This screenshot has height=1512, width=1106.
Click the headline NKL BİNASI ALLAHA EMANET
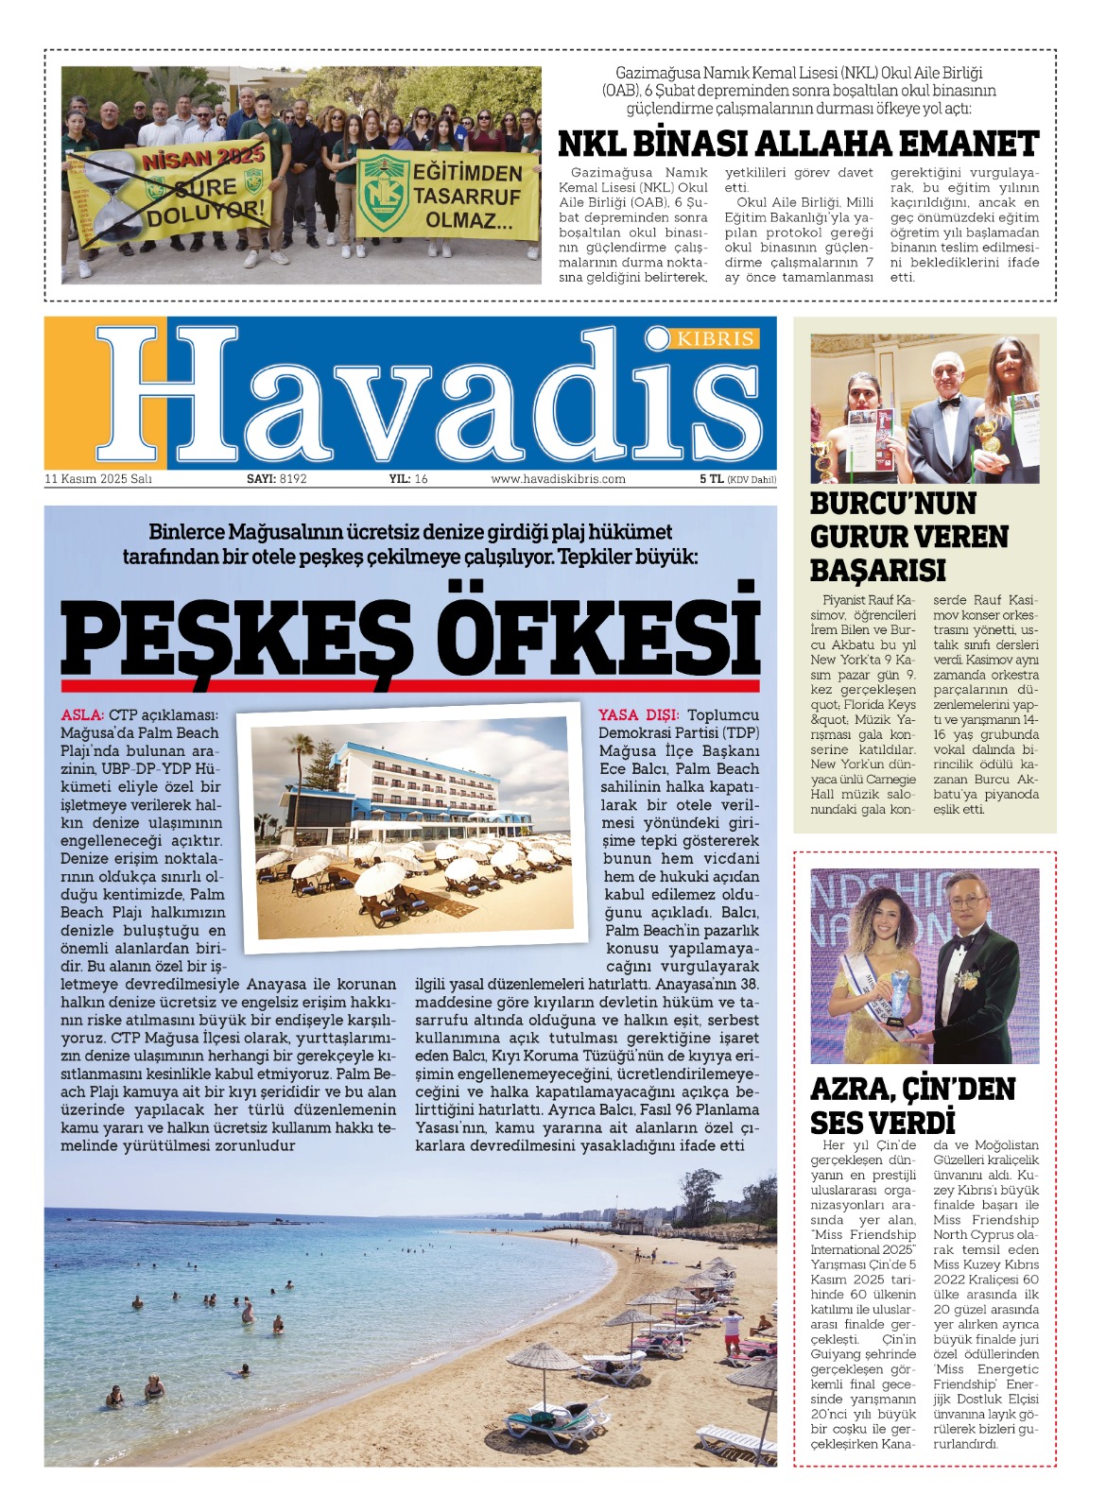pyautogui.click(x=799, y=145)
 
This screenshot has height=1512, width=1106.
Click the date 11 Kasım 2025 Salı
pyautogui.click(x=98, y=479)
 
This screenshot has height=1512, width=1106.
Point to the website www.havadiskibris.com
pyautogui.click(x=558, y=479)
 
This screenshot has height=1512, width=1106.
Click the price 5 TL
pyautogui.click(x=711, y=479)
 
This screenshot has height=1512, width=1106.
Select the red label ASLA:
pyautogui.click(x=82, y=715)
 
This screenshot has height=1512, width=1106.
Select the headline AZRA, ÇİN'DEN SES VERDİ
pyautogui.click(x=912, y=1105)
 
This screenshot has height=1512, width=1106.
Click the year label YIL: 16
pyautogui.click(x=408, y=479)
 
